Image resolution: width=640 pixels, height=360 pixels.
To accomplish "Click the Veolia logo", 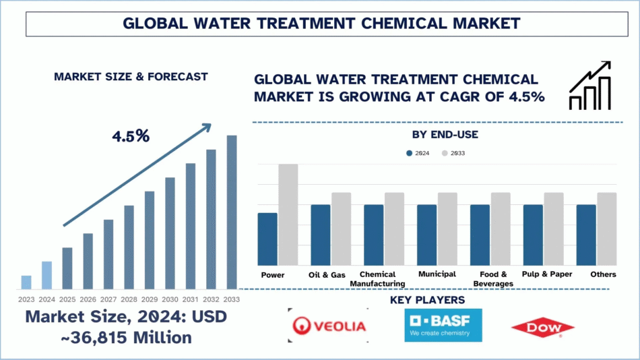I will (x=328, y=326).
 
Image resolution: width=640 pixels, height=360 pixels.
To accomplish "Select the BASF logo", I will (x=443, y=324).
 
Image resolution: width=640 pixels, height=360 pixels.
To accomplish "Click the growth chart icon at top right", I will (x=589, y=86).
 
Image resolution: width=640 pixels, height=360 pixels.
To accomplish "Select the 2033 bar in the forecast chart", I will (x=232, y=211).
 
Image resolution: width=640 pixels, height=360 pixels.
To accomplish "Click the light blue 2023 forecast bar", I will (x=26, y=281).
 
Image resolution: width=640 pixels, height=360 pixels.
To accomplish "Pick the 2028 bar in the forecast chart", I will (x=129, y=246).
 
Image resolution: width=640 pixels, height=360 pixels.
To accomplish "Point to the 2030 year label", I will (x=170, y=299).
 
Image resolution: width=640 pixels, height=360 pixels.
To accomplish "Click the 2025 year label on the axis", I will (x=67, y=299).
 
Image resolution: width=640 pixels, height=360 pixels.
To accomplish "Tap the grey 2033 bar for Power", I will (x=288, y=214).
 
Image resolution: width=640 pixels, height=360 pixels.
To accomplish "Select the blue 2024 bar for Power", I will (x=267, y=239).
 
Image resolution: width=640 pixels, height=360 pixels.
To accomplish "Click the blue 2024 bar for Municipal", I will (x=426, y=235).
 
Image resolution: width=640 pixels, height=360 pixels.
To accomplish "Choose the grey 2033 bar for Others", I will (x=606, y=229).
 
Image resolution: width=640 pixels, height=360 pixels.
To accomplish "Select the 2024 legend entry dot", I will (x=409, y=153).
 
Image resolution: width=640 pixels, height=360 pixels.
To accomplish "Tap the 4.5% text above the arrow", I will (x=131, y=136).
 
